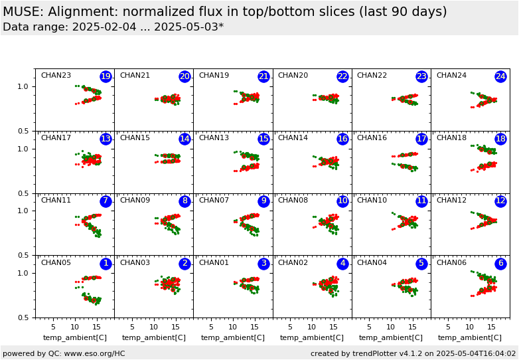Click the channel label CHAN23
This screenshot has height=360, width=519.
(56, 76)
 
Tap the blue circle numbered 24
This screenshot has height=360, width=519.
(500, 76)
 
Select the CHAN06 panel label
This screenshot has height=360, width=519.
(451, 263)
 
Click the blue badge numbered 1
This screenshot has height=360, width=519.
(106, 264)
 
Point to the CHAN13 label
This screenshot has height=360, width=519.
(214, 138)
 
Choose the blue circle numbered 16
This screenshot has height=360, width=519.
(342, 139)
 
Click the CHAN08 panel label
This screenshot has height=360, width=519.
(293, 201)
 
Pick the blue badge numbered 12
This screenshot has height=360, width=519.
(500, 201)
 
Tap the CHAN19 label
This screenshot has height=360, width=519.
(214, 76)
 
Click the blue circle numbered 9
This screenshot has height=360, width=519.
(263, 201)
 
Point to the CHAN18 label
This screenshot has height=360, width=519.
(451, 138)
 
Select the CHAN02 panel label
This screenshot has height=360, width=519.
(293, 263)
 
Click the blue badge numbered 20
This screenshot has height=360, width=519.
(185, 76)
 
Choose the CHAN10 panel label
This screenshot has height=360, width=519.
(372, 201)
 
